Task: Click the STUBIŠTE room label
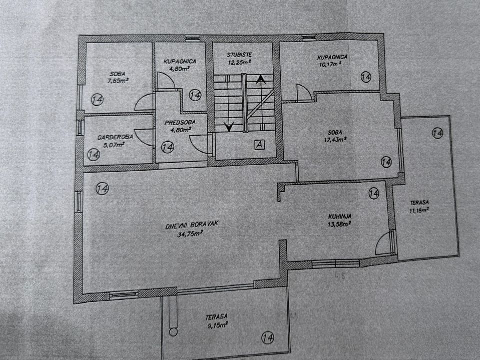[x=239, y=55]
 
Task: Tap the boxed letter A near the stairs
[x=260, y=145]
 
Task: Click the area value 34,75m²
[x=190, y=234]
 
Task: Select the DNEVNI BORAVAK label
[x=192, y=225]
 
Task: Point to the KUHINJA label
[x=340, y=216]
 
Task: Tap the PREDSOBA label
[x=180, y=123]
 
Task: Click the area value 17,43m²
[x=335, y=140]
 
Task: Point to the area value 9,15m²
[x=217, y=325]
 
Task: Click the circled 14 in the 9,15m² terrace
[x=268, y=338]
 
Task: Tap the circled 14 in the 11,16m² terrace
[x=438, y=133]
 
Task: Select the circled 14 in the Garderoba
[x=93, y=155]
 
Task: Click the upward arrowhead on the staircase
[x=261, y=79]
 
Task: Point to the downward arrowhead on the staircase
[x=229, y=126]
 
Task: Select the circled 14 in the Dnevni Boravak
[x=102, y=188]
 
